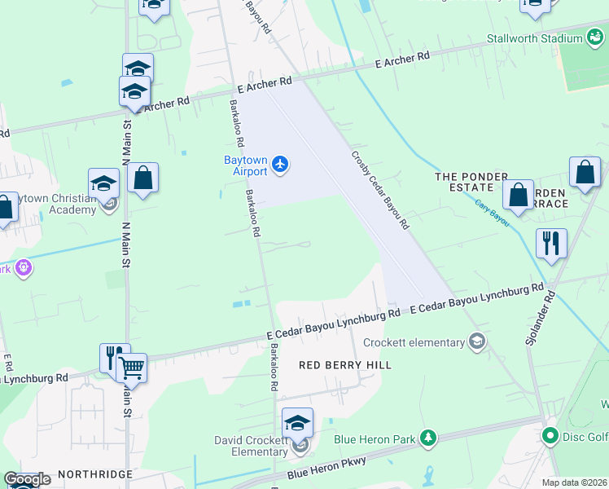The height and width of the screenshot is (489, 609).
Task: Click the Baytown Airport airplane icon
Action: pos(281,165)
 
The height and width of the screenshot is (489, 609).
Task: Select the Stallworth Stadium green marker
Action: pos(595,38)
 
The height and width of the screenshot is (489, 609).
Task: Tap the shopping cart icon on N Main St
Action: pos(131,368)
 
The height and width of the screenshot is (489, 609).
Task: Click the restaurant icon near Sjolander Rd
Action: pos(551,243)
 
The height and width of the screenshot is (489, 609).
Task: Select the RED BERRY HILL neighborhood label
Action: pos(345,365)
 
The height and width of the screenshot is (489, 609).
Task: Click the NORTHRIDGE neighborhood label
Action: pos(94,474)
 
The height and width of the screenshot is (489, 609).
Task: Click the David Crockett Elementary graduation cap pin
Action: pos(297,424)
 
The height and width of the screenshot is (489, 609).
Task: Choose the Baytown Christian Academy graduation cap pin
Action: pos(104,183)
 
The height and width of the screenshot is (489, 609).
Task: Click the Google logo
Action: pos(27,479)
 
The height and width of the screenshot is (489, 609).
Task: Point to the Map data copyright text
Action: pos(574,482)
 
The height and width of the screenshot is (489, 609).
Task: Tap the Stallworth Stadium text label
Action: pos(533,38)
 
